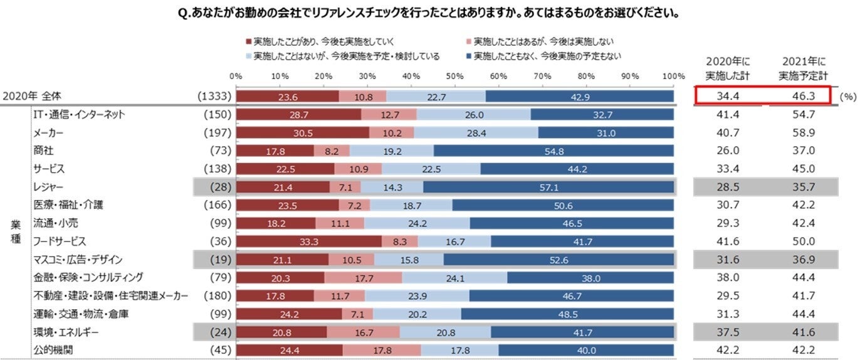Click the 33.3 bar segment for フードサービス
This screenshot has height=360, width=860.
(x=308, y=241)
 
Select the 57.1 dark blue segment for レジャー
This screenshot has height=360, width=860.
(x=548, y=187)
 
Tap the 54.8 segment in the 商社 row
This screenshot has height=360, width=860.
(x=553, y=151)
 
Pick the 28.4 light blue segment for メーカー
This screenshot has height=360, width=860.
(x=476, y=132)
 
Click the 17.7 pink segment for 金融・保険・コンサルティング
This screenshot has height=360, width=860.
(x=363, y=278)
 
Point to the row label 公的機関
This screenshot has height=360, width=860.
(x=53, y=350)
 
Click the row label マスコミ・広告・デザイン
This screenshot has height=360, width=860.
(x=78, y=260)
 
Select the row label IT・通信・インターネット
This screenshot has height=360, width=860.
(x=79, y=114)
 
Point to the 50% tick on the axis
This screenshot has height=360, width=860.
(x=454, y=76)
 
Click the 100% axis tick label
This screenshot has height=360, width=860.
(x=673, y=76)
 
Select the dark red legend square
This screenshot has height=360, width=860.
(x=249, y=41)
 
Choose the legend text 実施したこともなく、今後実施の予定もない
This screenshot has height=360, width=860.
(x=548, y=56)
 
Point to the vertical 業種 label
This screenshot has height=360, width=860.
(x=15, y=232)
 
